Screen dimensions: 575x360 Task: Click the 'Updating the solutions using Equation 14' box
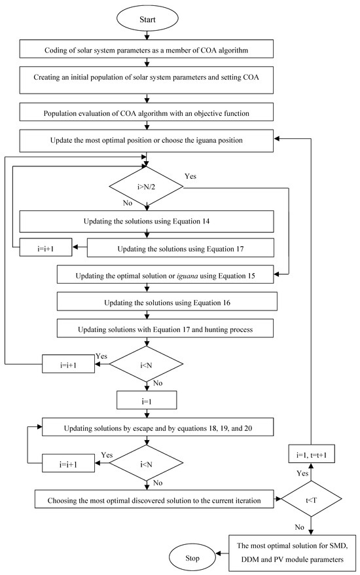click(147, 222)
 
